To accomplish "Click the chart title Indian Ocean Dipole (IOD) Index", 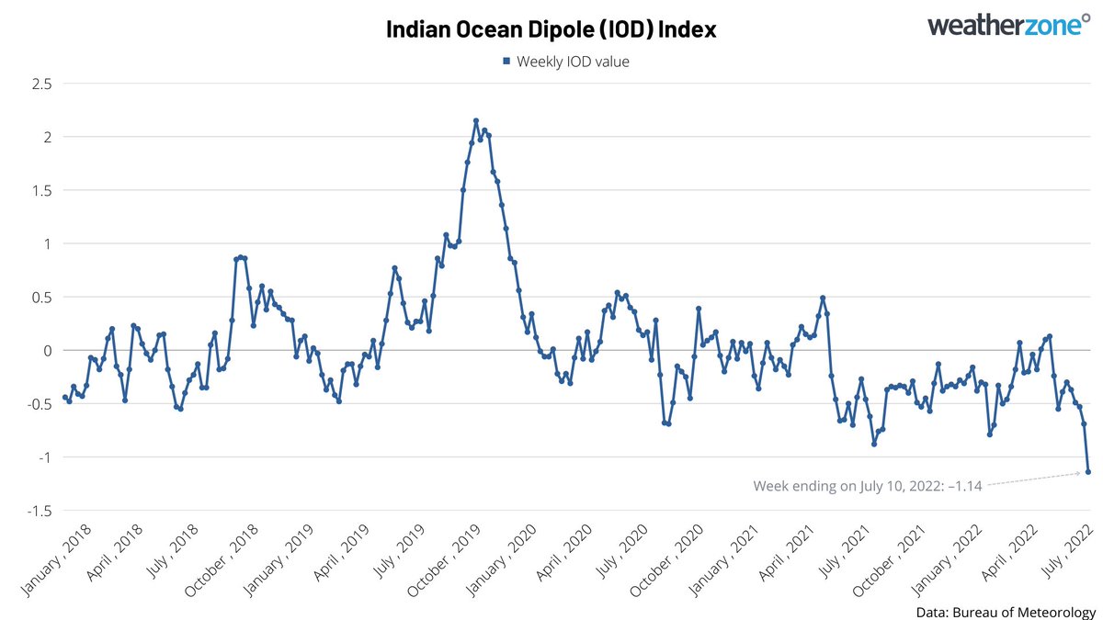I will (551, 29).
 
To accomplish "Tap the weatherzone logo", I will (1005, 25).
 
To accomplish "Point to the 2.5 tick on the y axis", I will (41, 84).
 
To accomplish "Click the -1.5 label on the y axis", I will (39, 511).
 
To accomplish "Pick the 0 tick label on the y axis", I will (48, 351).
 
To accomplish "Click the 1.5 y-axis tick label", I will (41, 190).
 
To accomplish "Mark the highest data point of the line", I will (476, 120).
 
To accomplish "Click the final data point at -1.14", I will (1088, 472).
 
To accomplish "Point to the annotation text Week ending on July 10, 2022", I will (867, 485).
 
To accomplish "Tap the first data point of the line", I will (64, 398).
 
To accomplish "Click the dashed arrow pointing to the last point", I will (1034, 479).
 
